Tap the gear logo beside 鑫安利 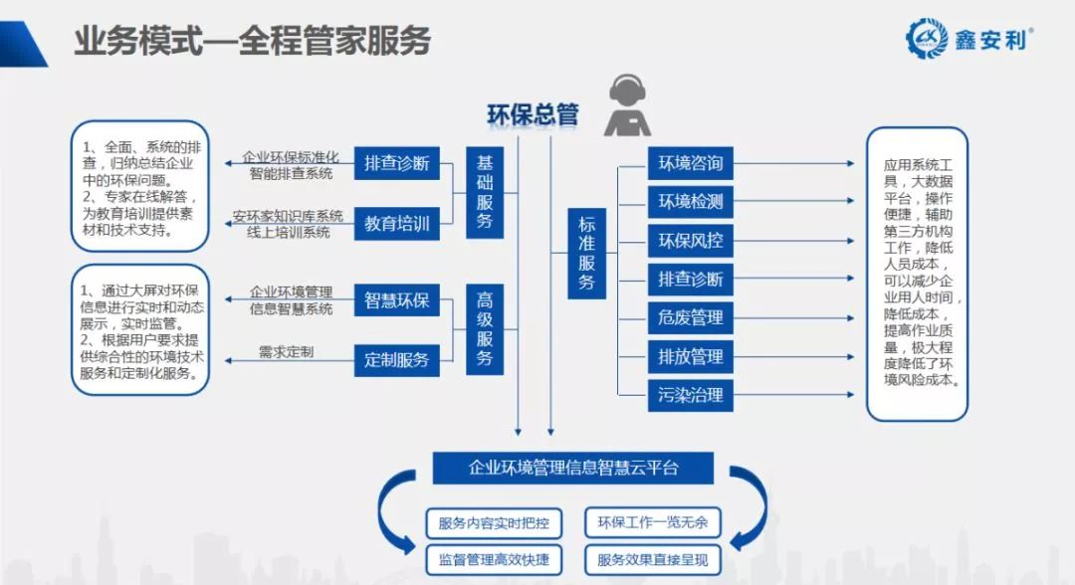click(x=927, y=39)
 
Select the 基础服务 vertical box click(x=485, y=192)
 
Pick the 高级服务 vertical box click(x=485, y=329)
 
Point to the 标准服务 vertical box click(x=586, y=254)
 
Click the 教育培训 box click(x=397, y=223)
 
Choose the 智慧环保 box click(x=397, y=300)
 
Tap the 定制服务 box click(x=397, y=359)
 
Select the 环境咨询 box click(x=691, y=163)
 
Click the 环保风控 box click(x=691, y=241)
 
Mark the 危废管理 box click(x=691, y=317)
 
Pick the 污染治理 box click(x=691, y=395)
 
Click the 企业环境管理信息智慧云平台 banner click(x=573, y=468)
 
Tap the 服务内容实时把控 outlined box click(x=494, y=523)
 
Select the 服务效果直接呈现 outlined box click(x=652, y=560)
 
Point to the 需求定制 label click(x=286, y=352)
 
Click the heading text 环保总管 click(x=533, y=114)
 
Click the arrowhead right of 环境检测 click(x=851, y=201)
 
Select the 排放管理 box click(x=691, y=356)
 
